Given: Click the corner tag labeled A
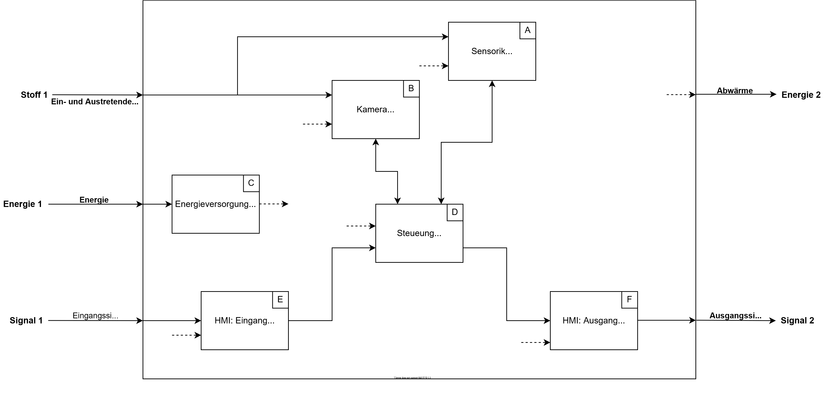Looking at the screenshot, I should pos(527,30).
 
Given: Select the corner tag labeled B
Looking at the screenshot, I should pos(411,88).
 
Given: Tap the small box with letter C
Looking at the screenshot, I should pos(251,183).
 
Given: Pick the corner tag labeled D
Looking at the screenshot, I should pos(455,212).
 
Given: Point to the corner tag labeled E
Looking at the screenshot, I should pos(280,299).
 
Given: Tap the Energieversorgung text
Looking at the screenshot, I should pos(215,204).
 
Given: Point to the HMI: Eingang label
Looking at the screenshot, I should pos(244,321).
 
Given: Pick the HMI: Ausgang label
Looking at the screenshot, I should pos(594,321).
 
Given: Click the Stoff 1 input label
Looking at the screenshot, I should pos(34,95).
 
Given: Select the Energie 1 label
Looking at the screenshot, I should pos(23,204).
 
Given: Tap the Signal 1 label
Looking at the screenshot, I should pos(26,321).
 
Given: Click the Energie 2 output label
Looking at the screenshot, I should pos(801,95).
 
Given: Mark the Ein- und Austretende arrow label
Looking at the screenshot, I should pos(95,102).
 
